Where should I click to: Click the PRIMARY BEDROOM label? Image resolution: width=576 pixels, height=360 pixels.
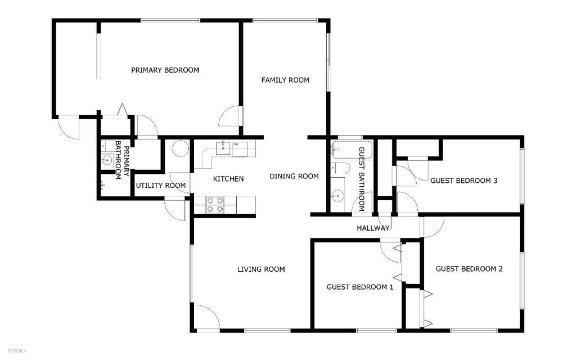165,70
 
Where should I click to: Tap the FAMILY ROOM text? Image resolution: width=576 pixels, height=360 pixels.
285,80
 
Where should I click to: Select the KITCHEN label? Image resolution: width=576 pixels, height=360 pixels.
228,179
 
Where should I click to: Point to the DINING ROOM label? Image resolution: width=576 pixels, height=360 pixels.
294,176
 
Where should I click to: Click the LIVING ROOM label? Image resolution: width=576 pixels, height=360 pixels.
261,269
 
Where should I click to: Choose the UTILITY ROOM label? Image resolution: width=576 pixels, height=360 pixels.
161,185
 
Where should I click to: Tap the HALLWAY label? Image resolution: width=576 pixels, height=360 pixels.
373,228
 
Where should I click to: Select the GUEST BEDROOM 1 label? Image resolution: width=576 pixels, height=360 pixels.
360,287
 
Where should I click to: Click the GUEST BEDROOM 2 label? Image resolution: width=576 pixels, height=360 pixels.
469,269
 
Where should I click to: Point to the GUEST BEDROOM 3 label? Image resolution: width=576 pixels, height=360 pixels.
464,181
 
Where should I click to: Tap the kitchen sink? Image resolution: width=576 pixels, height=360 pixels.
223,148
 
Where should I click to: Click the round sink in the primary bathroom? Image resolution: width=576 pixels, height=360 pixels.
106,161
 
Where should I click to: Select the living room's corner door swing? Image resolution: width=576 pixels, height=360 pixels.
207,316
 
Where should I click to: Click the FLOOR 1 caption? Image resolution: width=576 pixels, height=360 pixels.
16,351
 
